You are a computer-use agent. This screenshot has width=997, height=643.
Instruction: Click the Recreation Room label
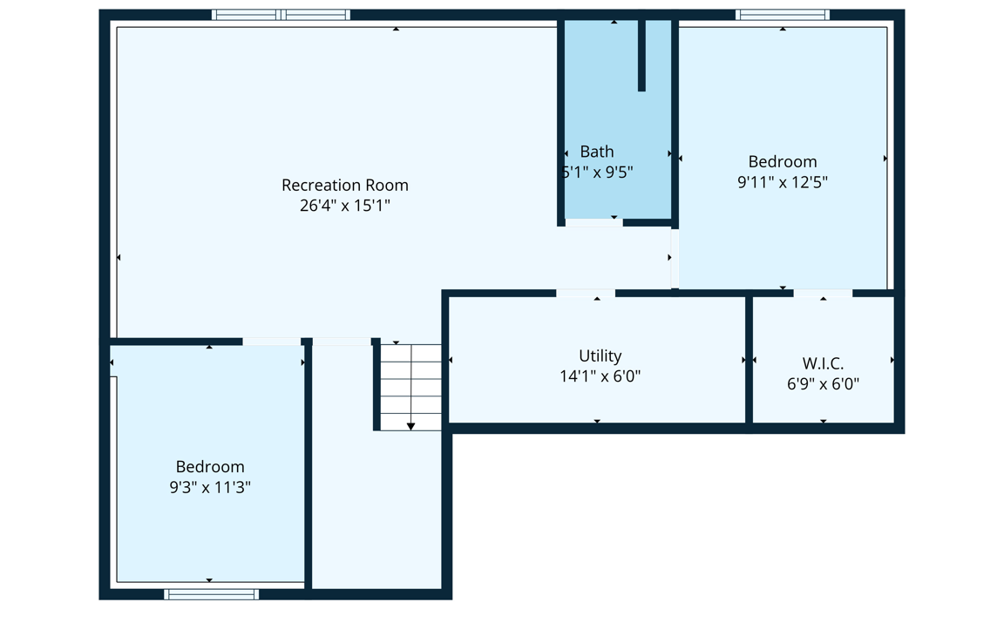pyautogui.click(x=344, y=185)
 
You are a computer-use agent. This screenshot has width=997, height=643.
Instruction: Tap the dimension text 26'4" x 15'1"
pyautogui.click(x=344, y=206)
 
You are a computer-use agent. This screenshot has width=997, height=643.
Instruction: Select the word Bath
pyautogui.click(x=597, y=152)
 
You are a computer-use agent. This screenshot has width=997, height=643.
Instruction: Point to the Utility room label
pyautogui.click(x=600, y=356)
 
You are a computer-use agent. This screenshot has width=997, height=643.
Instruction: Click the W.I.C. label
pyautogui.click(x=823, y=363)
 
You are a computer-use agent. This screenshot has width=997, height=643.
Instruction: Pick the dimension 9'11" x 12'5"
pyautogui.click(x=782, y=182)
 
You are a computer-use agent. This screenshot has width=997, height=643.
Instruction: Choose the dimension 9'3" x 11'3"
pyautogui.click(x=210, y=487)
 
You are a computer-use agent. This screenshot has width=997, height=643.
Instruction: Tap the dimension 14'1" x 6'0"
pyautogui.click(x=600, y=376)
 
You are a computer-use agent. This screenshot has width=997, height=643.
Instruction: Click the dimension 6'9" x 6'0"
pyautogui.click(x=823, y=383)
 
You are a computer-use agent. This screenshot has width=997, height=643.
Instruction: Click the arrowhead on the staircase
pyautogui.click(x=410, y=426)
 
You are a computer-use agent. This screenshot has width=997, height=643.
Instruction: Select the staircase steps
pyautogui.click(x=410, y=388)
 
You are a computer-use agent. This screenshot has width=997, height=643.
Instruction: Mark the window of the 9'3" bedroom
pyautogui.click(x=211, y=595)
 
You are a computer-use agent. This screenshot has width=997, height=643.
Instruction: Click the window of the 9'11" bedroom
pyautogui.click(x=783, y=15)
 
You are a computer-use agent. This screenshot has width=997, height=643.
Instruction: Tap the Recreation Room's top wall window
pyautogui.click(x=281, y=15)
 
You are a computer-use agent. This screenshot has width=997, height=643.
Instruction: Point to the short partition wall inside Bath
pyautogui.click(x=641, y=55)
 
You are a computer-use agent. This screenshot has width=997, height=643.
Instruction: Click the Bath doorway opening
pyautogui.click(x=593, y=222)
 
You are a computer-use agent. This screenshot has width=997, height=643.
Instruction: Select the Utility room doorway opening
pyautogui.click(x=586, y=293)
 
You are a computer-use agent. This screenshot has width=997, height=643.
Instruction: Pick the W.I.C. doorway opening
pyautogui.click(x=823, y=293)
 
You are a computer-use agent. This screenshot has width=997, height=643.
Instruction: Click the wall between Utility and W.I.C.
pyautogui.click(x=749, y=360)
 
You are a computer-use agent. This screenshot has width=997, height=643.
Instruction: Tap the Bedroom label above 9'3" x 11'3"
pyautogui.click(x=210, y=467)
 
